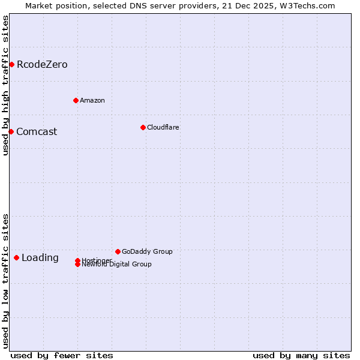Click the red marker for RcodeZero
tap(11, 64)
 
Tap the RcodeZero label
tap(42, 64)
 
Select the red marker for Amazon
tap(76, 100)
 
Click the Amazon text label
tap(92, 100)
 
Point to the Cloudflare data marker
tap(143, 127)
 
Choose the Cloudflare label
tap(163, 127)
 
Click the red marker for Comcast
tap(11, 131)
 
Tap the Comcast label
tap(37, 131)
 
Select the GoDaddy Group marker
tap(118, 251)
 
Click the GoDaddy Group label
tap(147, 251)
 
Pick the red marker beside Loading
tap(16, 257)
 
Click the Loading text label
tap(40, 258)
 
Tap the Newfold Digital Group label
tap(116, 265)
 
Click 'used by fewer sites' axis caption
tap(62, 355)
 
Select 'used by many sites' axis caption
tap(301, 355)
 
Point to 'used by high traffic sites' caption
tap(5, 85)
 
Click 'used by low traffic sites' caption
tap(5, 281)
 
